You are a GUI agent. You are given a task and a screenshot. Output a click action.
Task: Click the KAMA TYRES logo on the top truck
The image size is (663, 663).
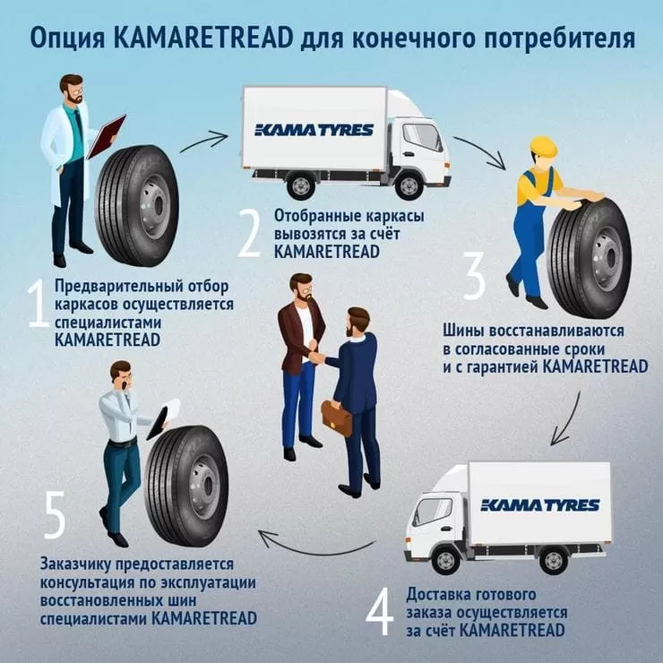coord(314,130)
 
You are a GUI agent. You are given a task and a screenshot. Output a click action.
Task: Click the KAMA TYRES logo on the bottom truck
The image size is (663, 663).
coord(540,505)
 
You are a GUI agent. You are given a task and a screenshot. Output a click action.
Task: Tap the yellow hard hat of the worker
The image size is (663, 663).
coord(542,146)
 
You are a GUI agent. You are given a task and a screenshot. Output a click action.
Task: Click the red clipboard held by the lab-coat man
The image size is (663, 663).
coord(106,135)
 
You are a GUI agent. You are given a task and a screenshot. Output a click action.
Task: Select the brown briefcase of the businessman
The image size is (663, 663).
coord(336,418)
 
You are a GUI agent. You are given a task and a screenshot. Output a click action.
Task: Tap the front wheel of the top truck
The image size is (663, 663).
coord(409,185)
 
